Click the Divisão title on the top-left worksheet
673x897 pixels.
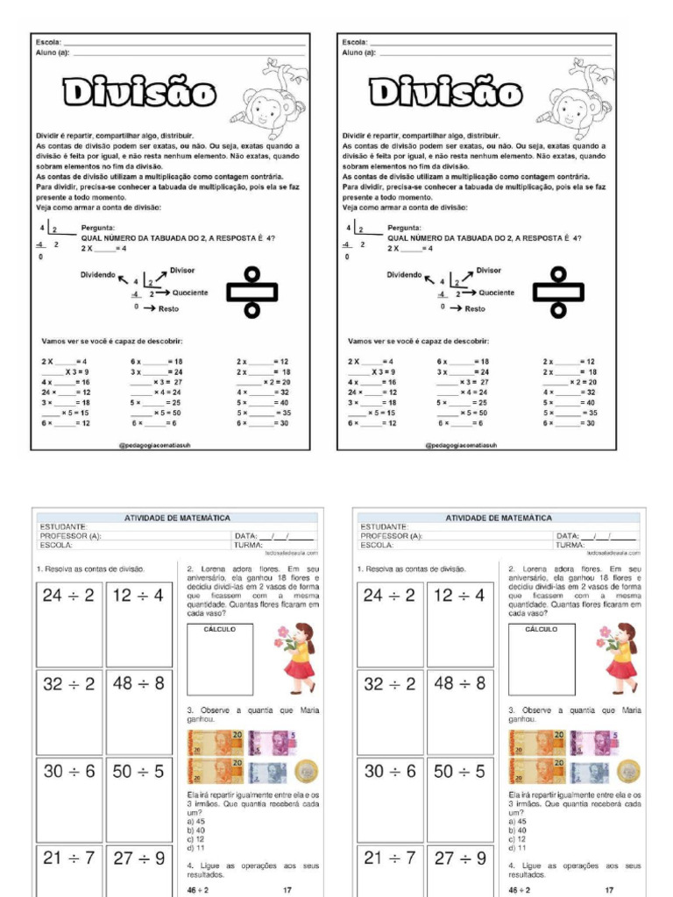pos(138,92)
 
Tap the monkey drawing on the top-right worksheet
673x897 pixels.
pos(576,99)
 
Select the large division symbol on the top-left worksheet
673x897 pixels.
pos(251,292)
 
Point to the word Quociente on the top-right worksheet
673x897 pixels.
pos(496,293)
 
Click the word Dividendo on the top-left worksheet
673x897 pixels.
pos(98,274)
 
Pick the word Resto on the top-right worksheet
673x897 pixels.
pos(474,308)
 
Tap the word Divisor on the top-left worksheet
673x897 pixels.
pos(182,271)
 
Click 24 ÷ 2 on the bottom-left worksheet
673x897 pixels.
pos(68,596)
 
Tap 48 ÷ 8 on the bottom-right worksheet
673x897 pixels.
pos(459,683)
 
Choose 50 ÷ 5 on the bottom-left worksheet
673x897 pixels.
pos(138,771)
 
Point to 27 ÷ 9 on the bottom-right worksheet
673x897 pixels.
pos(459,858)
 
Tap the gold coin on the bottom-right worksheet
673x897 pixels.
pos(627,771)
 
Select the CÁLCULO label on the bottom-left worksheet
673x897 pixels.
pos(219,629)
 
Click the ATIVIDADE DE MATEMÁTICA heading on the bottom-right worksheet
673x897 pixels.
pos(499,519)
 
